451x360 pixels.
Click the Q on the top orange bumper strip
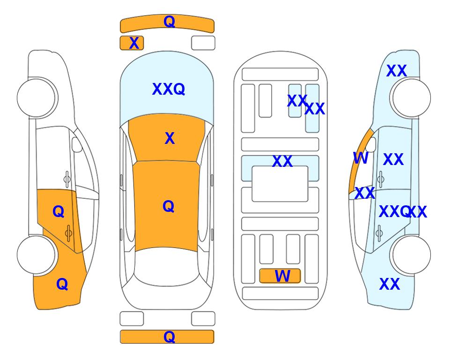pyautogui.click(x=169, y=21)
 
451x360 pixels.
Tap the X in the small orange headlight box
pyautogui.click(x=134, y=43)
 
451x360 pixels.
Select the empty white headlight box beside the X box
pyautogui.click(x=203, y=43)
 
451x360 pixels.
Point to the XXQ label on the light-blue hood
pyautogui.click(x=169, y=89)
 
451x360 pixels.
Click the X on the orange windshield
pyautogui.click(x=170, y=138)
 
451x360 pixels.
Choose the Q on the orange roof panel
pyautogui.click(x=169, y=206)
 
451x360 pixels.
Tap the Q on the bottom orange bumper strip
pyautogui.click(x=169, y=337)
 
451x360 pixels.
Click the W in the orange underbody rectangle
pyautogui.click(x=282, y=276)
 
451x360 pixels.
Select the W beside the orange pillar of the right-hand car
pyautogui.click(x=361, y=158)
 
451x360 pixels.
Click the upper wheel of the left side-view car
pyautogui.click(x=36, y=98)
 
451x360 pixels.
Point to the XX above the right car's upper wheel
pyautogui.click(x=397, y=71)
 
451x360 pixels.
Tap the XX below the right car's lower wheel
pyautogui.click(x=390, y=284)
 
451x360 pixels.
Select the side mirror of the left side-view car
pyautogui.click(x=77, y=145)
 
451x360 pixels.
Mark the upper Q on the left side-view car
pyautogui.click(x=59, y=212)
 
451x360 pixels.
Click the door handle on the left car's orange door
pyautogui.click(x=68, y=233)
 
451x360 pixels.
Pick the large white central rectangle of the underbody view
pyautogui.click(x=280, y=184)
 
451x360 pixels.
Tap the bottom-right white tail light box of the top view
pyautogui.click(x=203, y=319)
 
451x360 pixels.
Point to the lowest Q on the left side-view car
pyautogui.click(x=62, y=284)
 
